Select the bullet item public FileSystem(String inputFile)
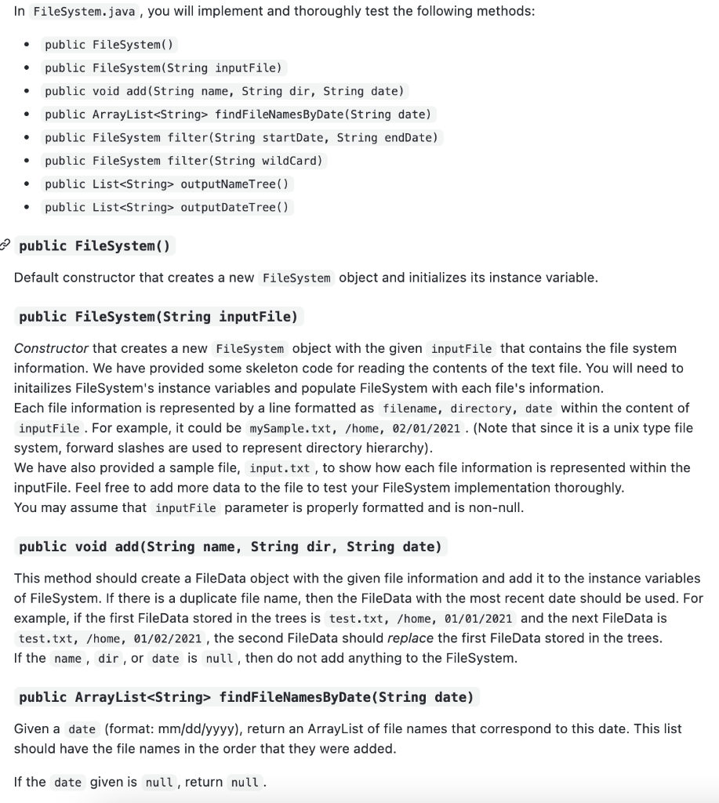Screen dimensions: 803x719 [163, 67]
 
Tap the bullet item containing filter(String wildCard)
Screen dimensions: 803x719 [183, 161]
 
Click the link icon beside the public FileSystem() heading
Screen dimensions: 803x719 [6, 245]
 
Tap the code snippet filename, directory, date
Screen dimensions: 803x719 [467, 409]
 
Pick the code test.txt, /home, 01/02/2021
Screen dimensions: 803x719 [111, 639]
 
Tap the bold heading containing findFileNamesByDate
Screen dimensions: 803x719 [246, 697]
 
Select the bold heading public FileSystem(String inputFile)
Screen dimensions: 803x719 [158, 317]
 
